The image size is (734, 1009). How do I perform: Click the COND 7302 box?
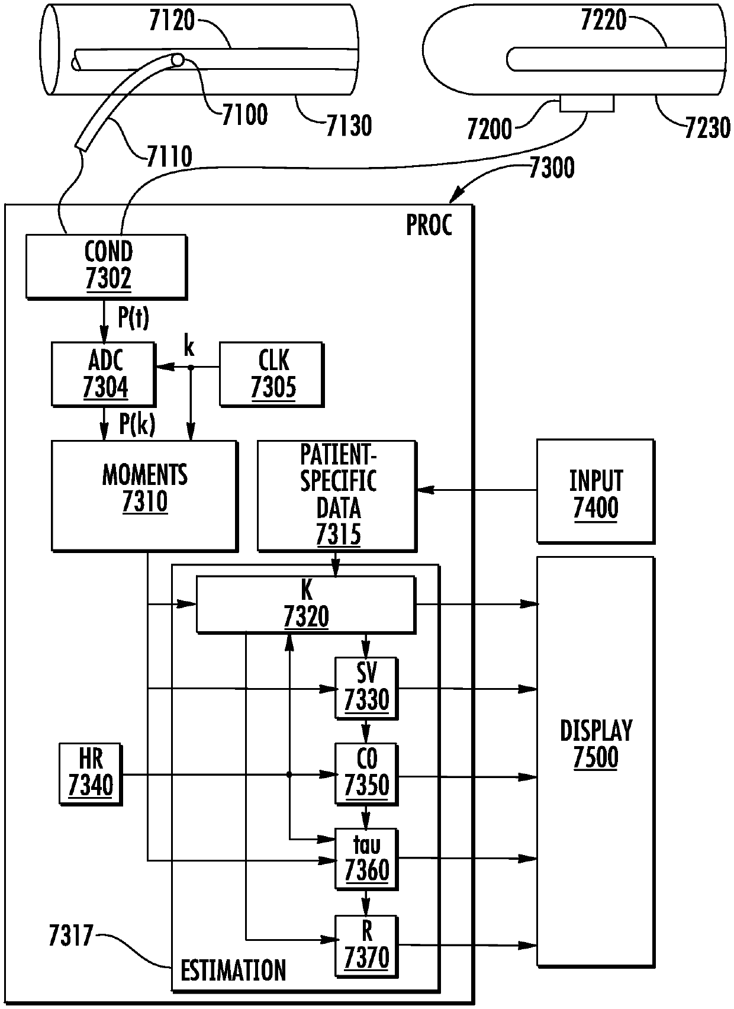pyautogui.click(x=107, y=266)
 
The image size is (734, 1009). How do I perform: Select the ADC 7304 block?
pyautogui.click(x=104, y=374)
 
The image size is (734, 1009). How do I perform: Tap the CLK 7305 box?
pyautogui.click(x=272, y=374)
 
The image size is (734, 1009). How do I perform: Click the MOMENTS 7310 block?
pyautogui.click(x=144, y=496)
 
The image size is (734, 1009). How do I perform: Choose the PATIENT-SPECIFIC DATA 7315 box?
pyautogui.click(x=337, y=496)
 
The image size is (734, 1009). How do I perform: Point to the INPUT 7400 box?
pyautogui.click(x=595, y=491)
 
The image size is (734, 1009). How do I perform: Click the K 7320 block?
pyautogui.click(x=306, y=605)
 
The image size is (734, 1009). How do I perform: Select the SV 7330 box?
pyautogui.click(x=366, y=688)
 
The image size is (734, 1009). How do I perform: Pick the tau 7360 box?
pyautogui.click(x=366, y=859)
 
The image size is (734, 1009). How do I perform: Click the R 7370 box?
pyautogui.click(x=366, y=946)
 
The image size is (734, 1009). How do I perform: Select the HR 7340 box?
pyautogui.click(x=91, y=774)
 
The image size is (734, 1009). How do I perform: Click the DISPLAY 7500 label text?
pyautogui.click(x=595, y=744)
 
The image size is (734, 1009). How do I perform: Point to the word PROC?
pyautogui.click(x=429, y=225)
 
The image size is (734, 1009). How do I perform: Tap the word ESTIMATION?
pyautogui.click(x=233, y=970)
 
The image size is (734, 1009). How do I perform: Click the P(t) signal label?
pyautogui.click(x=133, y=317)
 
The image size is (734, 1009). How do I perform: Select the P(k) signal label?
pyautogui.click(x=137, y=424)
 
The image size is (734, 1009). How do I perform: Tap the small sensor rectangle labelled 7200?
pyautogui.click(x=587, y=103)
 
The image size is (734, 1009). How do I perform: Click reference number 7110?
pyautogui.click(x=169, y=156)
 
